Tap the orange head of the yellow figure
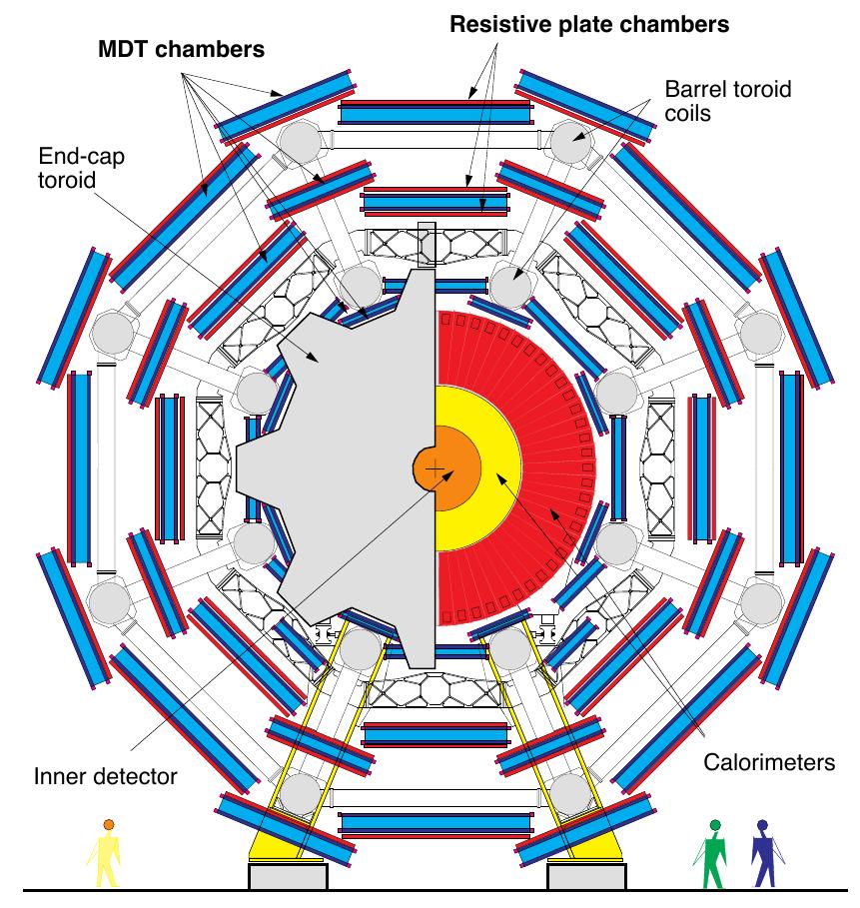tap(108, 824)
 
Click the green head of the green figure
tap(715, 825)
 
